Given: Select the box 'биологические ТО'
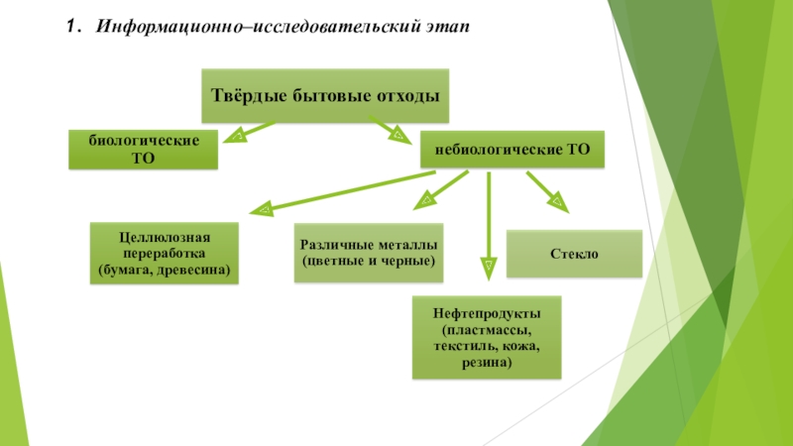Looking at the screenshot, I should coord(143,149).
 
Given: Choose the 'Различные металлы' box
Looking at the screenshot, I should coord(369,253).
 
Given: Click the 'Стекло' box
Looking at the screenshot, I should coord(574,254).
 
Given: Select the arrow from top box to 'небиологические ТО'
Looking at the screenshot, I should coord(389,129).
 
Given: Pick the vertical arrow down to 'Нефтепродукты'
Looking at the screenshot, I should coord(488,223).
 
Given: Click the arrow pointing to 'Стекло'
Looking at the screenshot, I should coord(546,189).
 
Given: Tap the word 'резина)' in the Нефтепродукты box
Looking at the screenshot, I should coord(486,363).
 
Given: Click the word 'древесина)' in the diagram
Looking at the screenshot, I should coord(199,270).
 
